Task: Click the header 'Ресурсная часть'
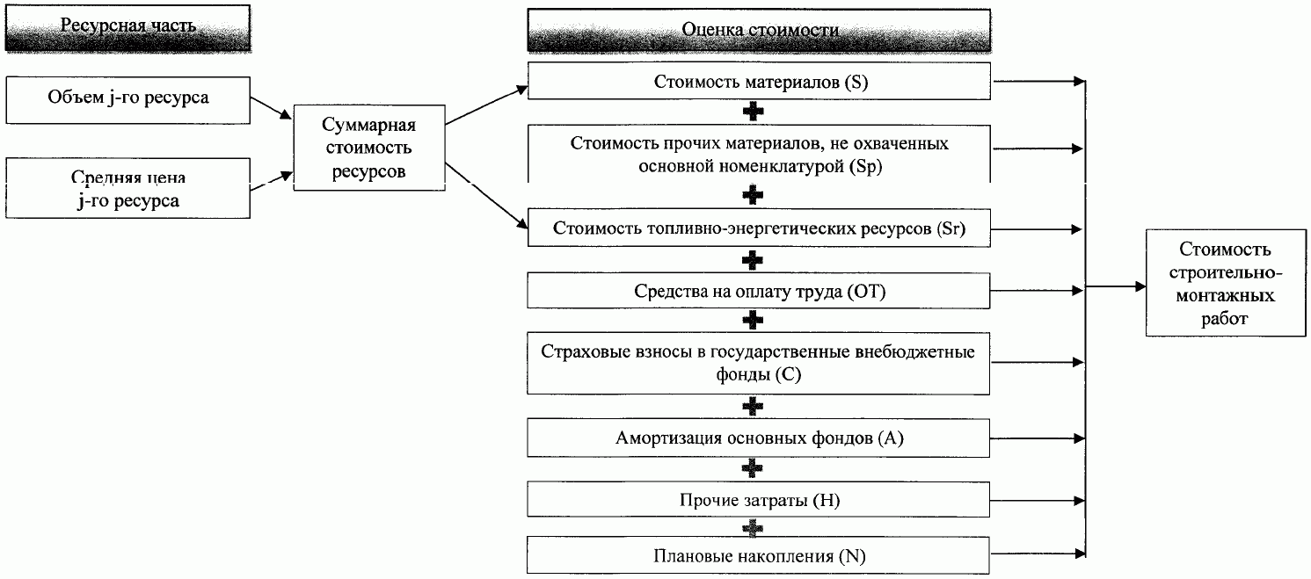[x=128, y=27]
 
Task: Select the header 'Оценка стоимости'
[x=760, y=30]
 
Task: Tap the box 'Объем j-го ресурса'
[x=128, y=98]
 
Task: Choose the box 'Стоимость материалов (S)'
[x=761, y=82]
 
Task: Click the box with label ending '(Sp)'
[x=761, y=155]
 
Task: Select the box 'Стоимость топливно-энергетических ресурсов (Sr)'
[x=761, y=229]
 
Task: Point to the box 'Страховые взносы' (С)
[x=761, y=363]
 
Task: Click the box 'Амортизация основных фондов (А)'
[x=761, y=438]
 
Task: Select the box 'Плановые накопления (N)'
[x=761, y=556]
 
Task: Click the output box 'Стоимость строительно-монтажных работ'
[x=1226, y=285]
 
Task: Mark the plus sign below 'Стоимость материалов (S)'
[x=752, y=112]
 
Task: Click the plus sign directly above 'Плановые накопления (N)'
[x=752, y=528]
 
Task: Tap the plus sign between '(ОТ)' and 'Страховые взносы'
[x=752, y=321]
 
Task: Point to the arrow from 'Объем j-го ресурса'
[x=272, y=107]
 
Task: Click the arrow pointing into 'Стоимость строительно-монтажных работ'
[x=1117, y=286]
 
